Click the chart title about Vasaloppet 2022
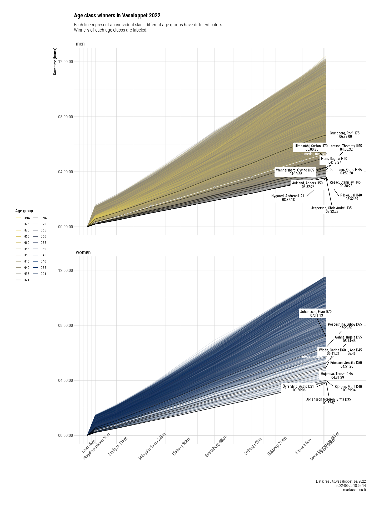pyautogui.click(x=117, y=16)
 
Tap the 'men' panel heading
pyautogui.click(x=80, y=44)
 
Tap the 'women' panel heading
pyautogui.click(x=83, y=252)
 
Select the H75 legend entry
pyautogui.click(x=26, y=224)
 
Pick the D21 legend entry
pyautogui.click(x=43, y=274)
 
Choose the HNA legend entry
pyautogui.click(x=27, y=218)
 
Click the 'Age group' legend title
pyautogui.click(x=24, y=211)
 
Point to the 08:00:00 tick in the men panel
pyautogui.click(x=65, y=117)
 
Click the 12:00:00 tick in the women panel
pyautogui.click(x=65, y=270)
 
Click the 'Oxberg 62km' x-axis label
pyautogui.click(x=253, y=446)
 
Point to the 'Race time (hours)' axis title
pyautogui.click(x=55, y=61)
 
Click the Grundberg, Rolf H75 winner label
pyautogui.click(x=345, y=135)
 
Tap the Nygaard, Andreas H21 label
pyautogui.click(x=288, y=198)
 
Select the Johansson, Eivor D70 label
pyautogui.click(x=316, y=314)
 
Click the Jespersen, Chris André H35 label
pyautogui.click(x=331, y=210)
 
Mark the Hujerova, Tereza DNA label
pyautogui.click(x=337, y=376)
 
